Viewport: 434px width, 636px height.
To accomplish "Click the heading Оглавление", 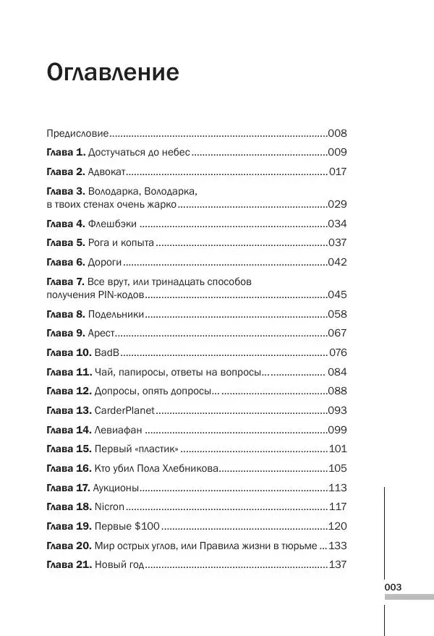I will (112, 73).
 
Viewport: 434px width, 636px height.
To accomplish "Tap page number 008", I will (338, 133).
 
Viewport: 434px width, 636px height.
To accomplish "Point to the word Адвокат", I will (107, 171).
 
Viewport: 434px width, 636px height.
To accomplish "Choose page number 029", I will (338, 205).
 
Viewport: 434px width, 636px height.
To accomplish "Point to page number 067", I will (338, 333).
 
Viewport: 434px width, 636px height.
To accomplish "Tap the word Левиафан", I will (118, 429).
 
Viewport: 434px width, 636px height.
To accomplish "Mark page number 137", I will (338, 564).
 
